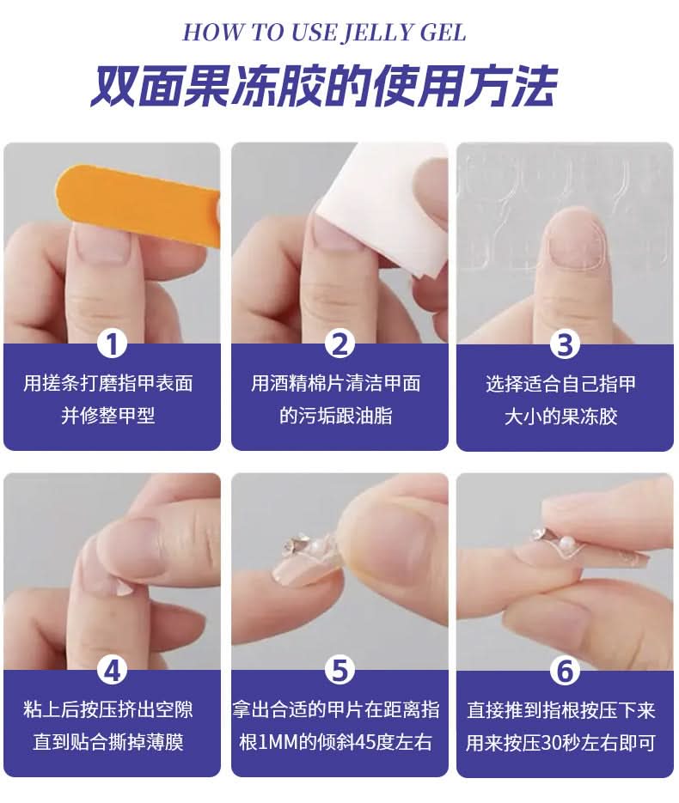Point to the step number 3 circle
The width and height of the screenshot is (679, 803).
[x=565, y=344]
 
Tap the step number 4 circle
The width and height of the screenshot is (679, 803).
[x=113, y=669]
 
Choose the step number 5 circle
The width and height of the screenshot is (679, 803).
[x=339, y=669]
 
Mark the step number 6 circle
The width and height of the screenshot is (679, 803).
[x=565, y=671]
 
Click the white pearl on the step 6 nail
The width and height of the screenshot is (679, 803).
[x=566, y=544]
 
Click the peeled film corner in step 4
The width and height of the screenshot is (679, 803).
[x=123, y=587]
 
